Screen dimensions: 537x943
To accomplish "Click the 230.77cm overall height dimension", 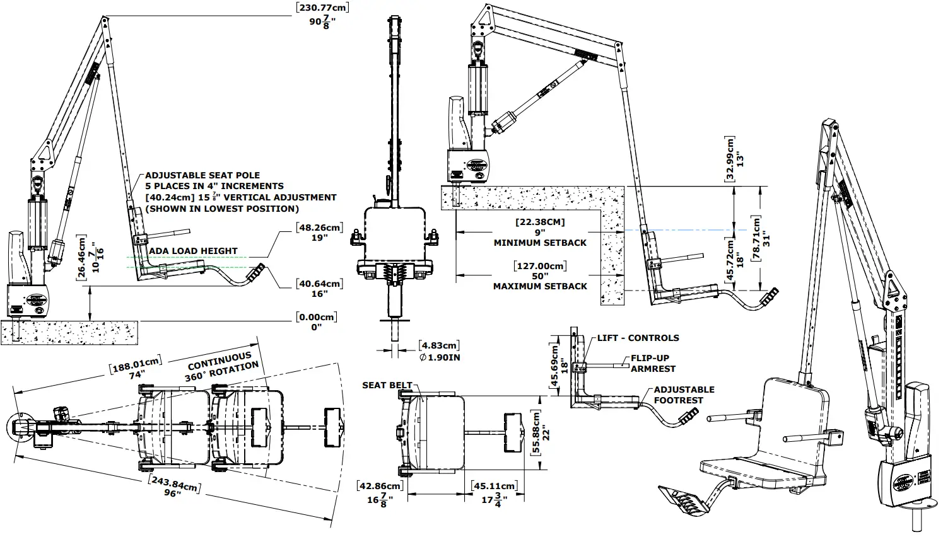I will point(322,8).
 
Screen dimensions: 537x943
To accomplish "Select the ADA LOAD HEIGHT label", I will point(193,251).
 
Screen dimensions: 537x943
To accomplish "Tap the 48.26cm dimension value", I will point(319,227).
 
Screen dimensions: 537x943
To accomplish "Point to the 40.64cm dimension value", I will point(319,284).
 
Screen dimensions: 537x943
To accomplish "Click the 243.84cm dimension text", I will point(174,486).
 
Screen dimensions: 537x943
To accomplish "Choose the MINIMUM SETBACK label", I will point(540,243).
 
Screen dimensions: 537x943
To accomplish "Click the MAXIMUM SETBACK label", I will point(540,286).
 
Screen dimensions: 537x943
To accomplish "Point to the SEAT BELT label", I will point(387,385).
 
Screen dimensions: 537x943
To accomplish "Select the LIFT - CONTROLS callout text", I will point(638,338).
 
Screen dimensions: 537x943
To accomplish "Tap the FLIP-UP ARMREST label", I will point(653,363).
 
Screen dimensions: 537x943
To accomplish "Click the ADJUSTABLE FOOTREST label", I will point(684,395).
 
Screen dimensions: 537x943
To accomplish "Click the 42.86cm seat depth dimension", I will point(380,486).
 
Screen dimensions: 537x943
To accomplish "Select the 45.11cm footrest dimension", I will point(494,486).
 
